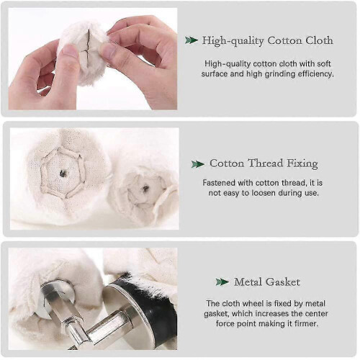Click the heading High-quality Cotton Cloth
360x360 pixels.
click(x=268, y=40)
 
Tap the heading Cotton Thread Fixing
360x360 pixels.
click(x=264, y=163)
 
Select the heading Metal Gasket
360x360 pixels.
click(x=267, y=282)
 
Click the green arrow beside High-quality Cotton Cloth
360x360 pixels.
click(x=192, y=40)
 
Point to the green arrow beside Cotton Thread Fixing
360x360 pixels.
click(x=198, y=164)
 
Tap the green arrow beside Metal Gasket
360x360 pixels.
click(x=222, y=282)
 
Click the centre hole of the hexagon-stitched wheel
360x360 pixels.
click(x=63, y=173)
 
